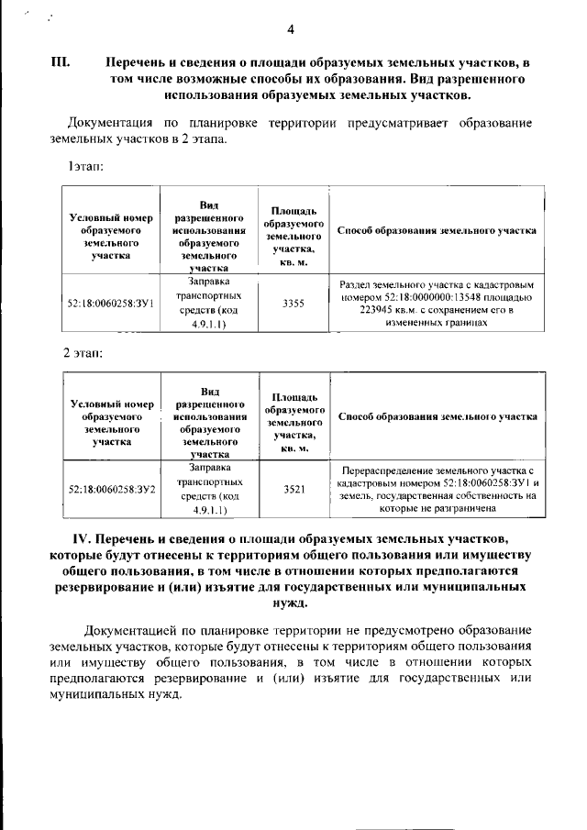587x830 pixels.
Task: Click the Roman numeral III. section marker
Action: (x=61, y=65)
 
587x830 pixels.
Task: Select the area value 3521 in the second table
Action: (x=293, y=490)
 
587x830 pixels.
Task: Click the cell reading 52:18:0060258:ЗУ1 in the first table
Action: (x=110, y=303)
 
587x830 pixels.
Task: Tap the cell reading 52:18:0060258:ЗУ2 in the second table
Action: (x=111, y=490)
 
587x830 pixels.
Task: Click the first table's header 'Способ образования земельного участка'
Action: (x=437, y=231)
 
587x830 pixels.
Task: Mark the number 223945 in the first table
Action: (x=358, y=310)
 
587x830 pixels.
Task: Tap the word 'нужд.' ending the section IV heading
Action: (x=293, y=603)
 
